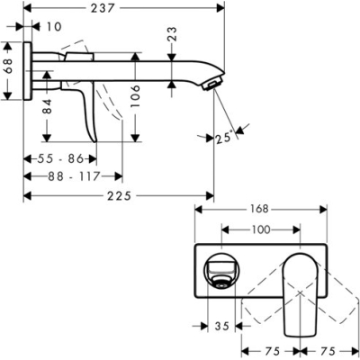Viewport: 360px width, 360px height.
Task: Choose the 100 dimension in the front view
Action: click(x=260, y=230)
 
